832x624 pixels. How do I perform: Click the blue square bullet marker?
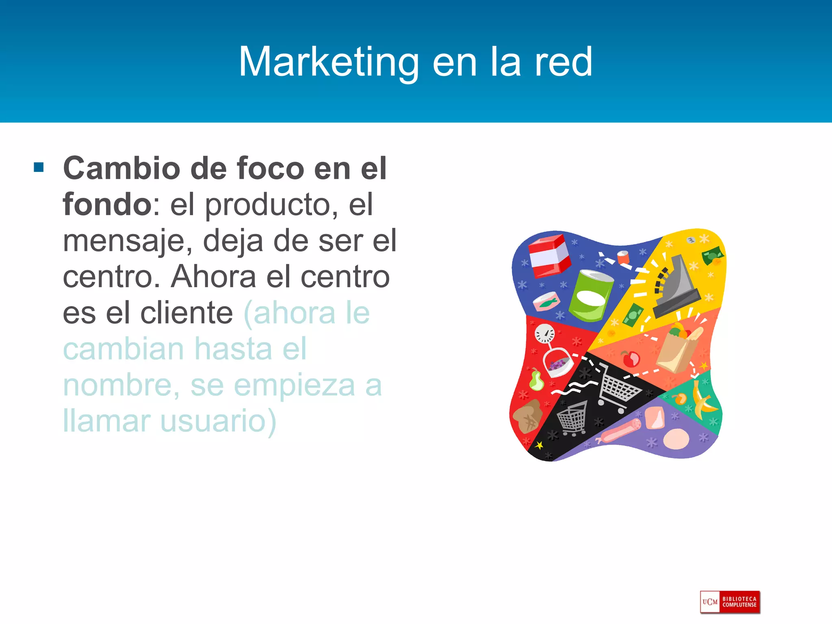point(39,167)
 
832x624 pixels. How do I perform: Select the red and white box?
point(548,255)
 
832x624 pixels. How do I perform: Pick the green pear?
point(536,381)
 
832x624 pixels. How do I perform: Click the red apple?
point(630,359)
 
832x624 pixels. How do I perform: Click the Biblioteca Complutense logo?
point(730,602)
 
